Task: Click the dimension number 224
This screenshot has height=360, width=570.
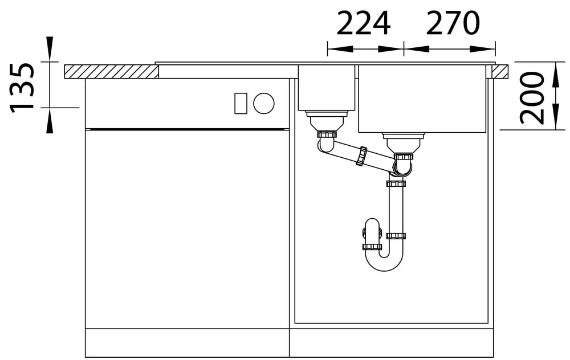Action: (363, 23)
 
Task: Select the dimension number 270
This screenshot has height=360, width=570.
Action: (453, 23)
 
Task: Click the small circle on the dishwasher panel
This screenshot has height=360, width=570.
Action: (264, 103)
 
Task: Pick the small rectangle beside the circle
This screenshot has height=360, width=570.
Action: (241, 103)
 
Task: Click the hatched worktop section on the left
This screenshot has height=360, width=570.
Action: (112, 72)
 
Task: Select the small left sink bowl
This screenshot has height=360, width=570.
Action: (327, 88)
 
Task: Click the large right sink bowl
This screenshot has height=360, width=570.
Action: (422, 99)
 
